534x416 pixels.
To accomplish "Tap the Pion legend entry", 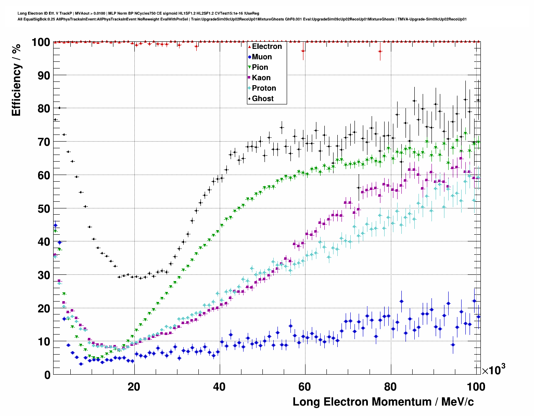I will tap(259, 67).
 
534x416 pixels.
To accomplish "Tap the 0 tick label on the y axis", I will tap(47, 375).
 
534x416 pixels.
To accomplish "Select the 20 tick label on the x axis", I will tap(134, 387).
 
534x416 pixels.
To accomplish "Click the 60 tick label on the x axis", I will tap(305, 387).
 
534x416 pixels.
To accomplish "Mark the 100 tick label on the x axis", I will tap(475, 387).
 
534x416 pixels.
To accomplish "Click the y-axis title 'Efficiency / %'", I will tap(16, 79).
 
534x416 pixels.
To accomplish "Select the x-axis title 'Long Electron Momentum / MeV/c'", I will tap(383, 402).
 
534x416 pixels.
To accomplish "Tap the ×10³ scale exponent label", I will tap(493, 370).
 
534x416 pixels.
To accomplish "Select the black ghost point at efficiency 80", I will tap(59, 108).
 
